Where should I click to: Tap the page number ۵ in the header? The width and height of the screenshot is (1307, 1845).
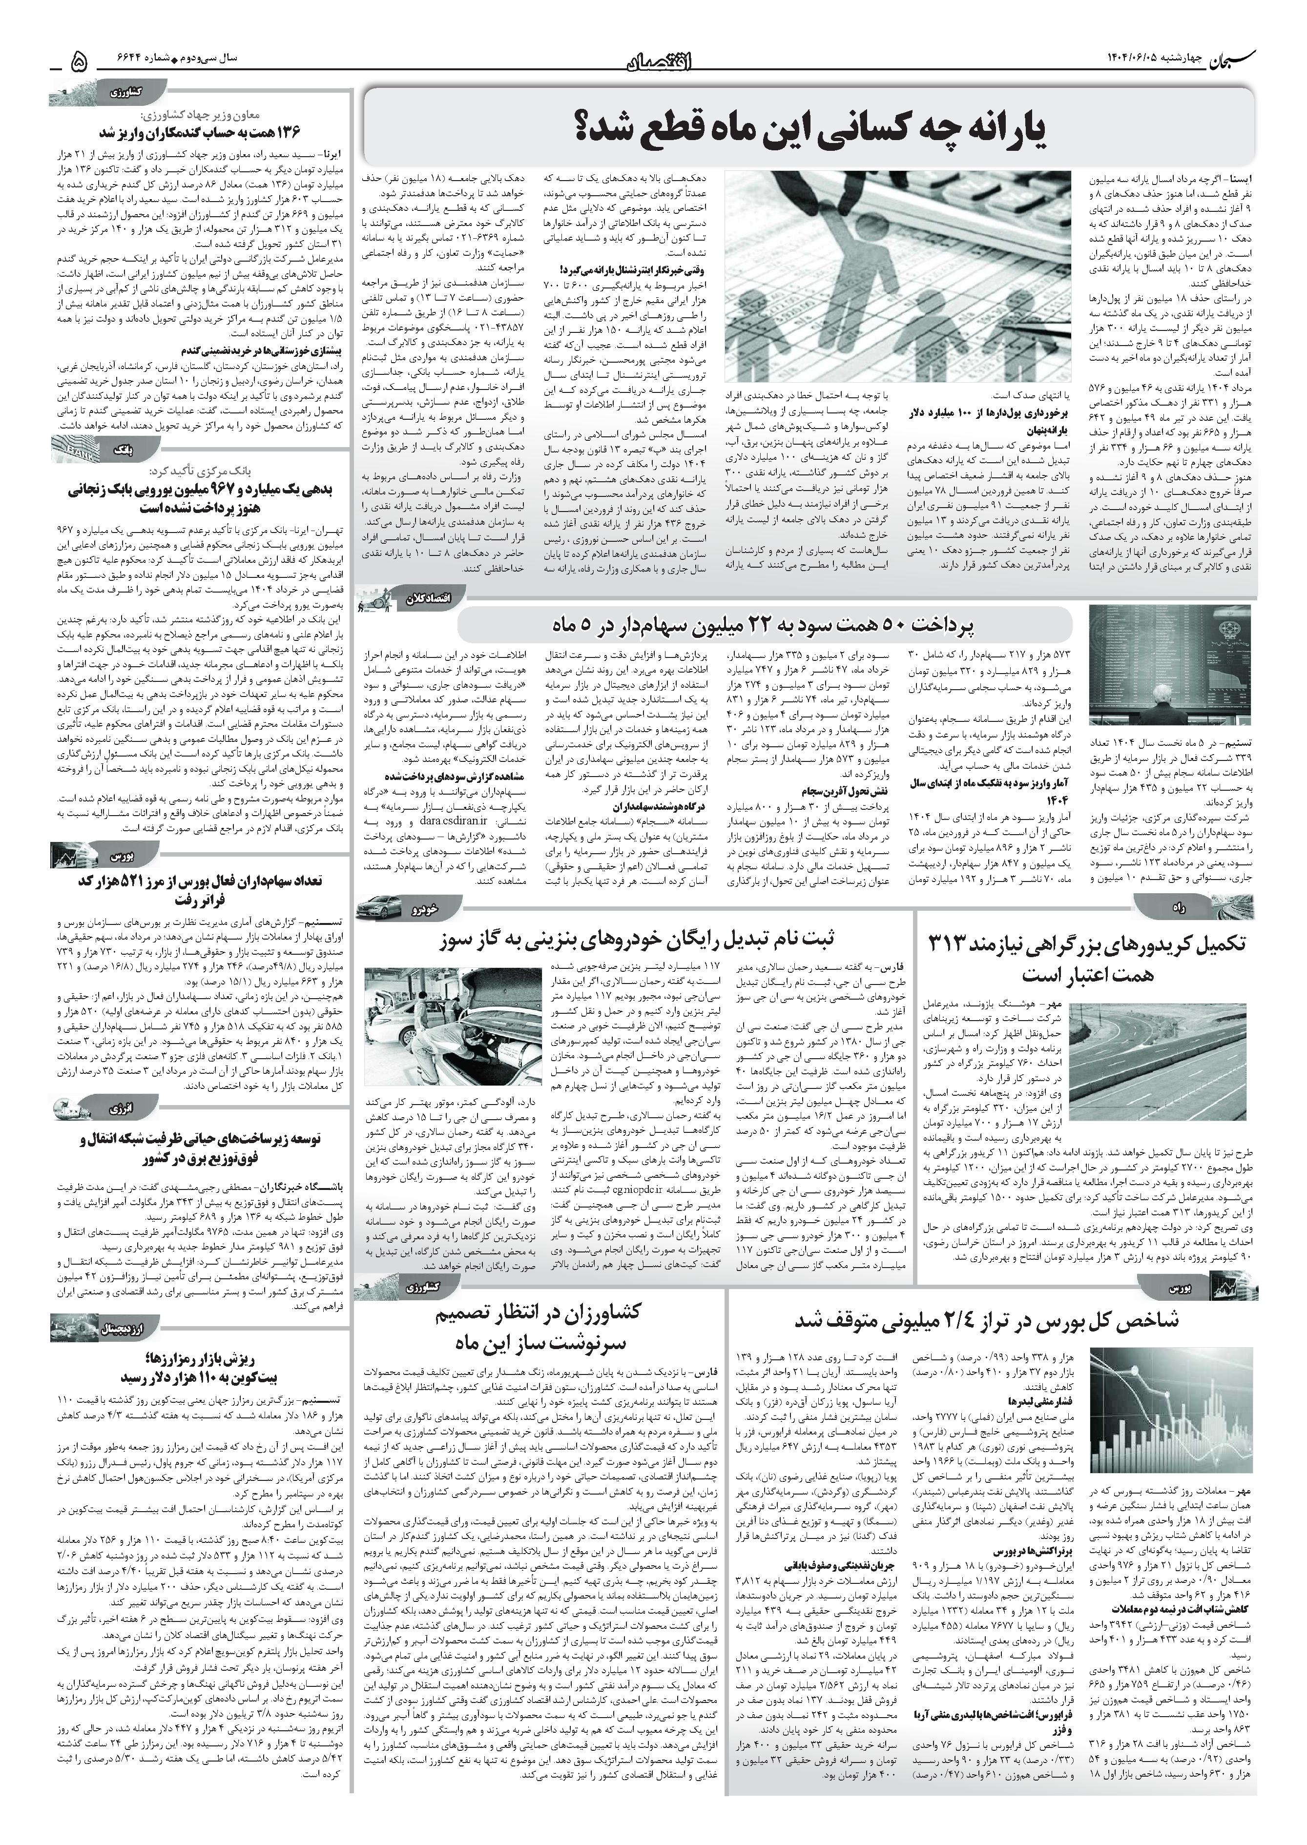point(78,61)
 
